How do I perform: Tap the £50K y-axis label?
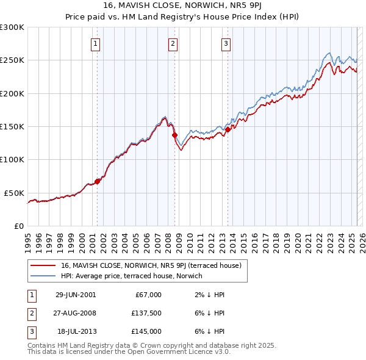(15, 193)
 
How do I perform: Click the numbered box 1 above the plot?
(96, 43)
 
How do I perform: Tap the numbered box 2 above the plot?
(173, 43)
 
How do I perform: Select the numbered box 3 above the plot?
(226, 43)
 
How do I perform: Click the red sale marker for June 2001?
(98, 181)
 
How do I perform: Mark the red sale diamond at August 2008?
(174, 135)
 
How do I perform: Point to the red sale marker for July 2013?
(228, 129)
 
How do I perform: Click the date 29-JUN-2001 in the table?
(76, 295)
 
